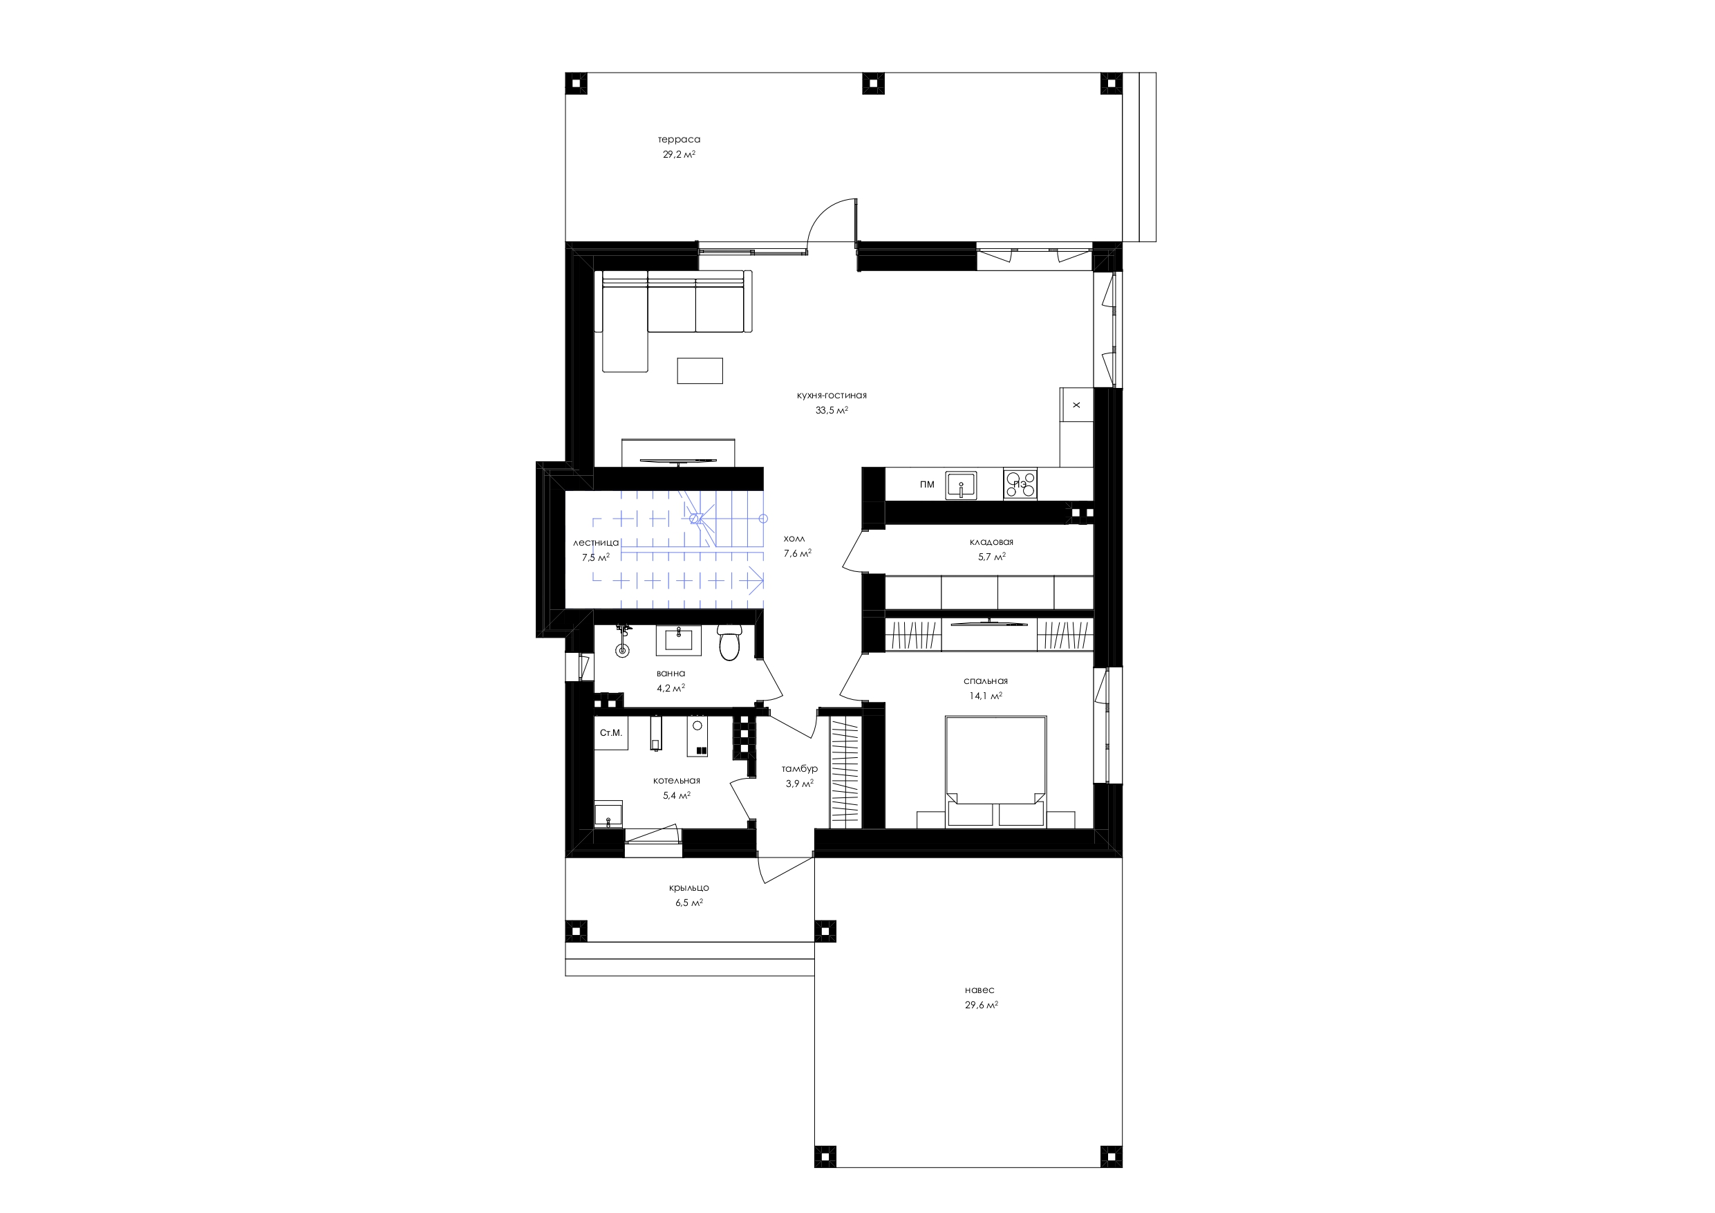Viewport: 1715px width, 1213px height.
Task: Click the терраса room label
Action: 679,140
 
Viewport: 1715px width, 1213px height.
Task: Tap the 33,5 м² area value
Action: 832,410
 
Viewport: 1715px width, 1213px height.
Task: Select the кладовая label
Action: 991,542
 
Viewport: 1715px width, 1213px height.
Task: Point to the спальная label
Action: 985,681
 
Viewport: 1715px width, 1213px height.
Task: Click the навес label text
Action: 980,990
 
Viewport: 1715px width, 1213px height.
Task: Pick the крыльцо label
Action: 688,888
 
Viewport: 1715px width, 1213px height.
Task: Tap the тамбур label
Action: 799,769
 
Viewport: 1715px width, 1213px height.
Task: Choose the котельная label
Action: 677,781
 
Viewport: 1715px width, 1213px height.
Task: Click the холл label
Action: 794,539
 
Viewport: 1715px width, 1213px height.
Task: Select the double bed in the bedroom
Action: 995,771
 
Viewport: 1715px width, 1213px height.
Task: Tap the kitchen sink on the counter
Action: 962,484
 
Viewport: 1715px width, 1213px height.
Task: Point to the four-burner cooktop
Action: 1020,483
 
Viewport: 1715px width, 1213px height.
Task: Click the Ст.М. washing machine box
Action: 611,733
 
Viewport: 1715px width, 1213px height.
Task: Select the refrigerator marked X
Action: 1076,405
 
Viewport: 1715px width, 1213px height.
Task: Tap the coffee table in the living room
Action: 700,371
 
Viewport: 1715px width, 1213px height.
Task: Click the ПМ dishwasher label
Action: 927,484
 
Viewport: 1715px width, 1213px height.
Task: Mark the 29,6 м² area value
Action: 982,1006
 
